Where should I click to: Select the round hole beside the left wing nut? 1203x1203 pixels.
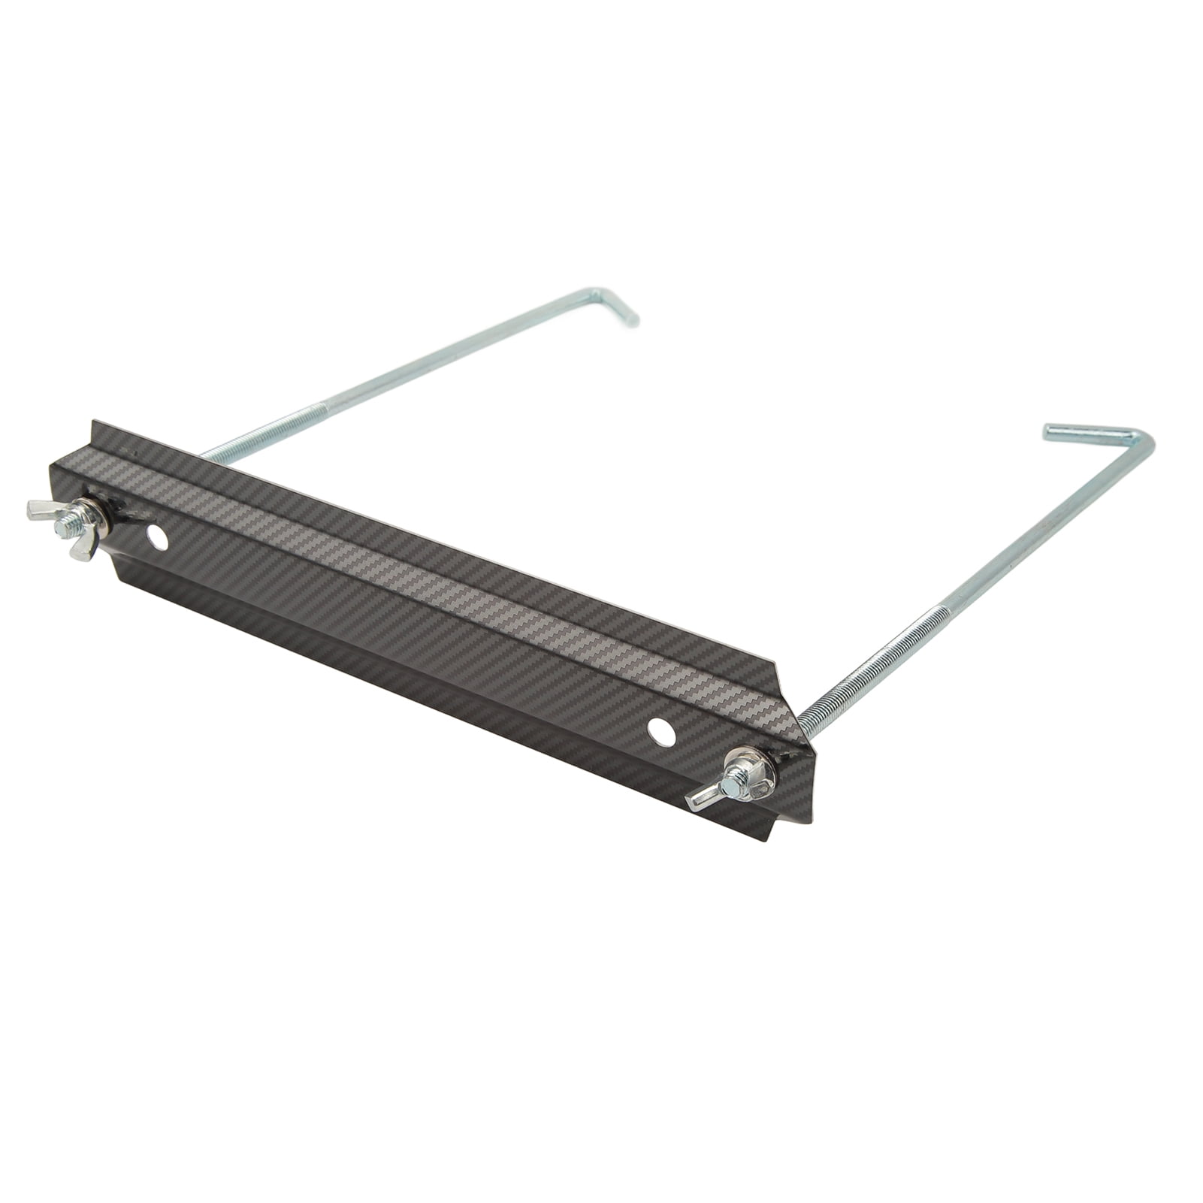[x=156, y=537]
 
